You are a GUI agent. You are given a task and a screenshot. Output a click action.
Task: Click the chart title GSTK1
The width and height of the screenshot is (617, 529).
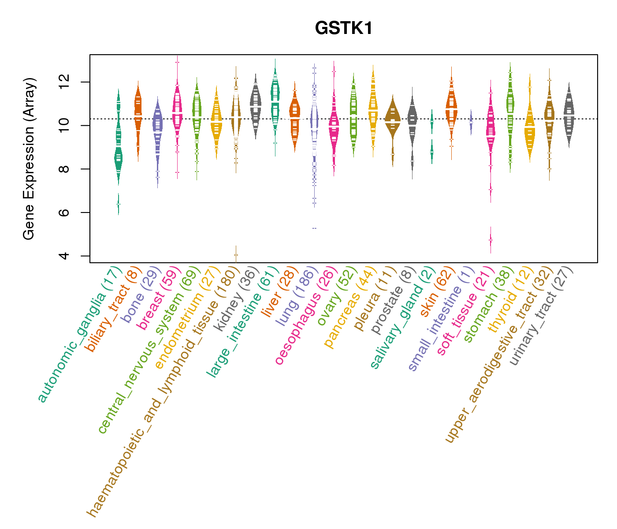tap(344, 29)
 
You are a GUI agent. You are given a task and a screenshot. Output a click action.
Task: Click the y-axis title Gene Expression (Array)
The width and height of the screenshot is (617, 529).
tap(29, 159)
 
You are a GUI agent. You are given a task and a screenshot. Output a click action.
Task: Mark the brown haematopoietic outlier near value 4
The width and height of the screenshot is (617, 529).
tap(236, 255)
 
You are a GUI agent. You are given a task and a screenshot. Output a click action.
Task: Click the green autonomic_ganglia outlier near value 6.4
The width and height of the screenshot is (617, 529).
tap(118, 205)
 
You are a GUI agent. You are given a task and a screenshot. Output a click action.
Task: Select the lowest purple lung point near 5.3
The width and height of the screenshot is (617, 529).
tap(314, 228)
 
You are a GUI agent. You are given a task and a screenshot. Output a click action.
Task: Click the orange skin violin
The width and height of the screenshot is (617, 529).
tap(451, 106)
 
